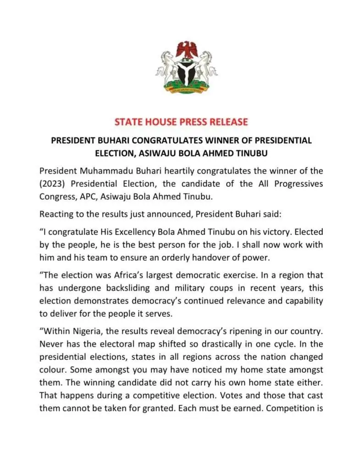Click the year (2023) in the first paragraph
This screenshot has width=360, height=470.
54,184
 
